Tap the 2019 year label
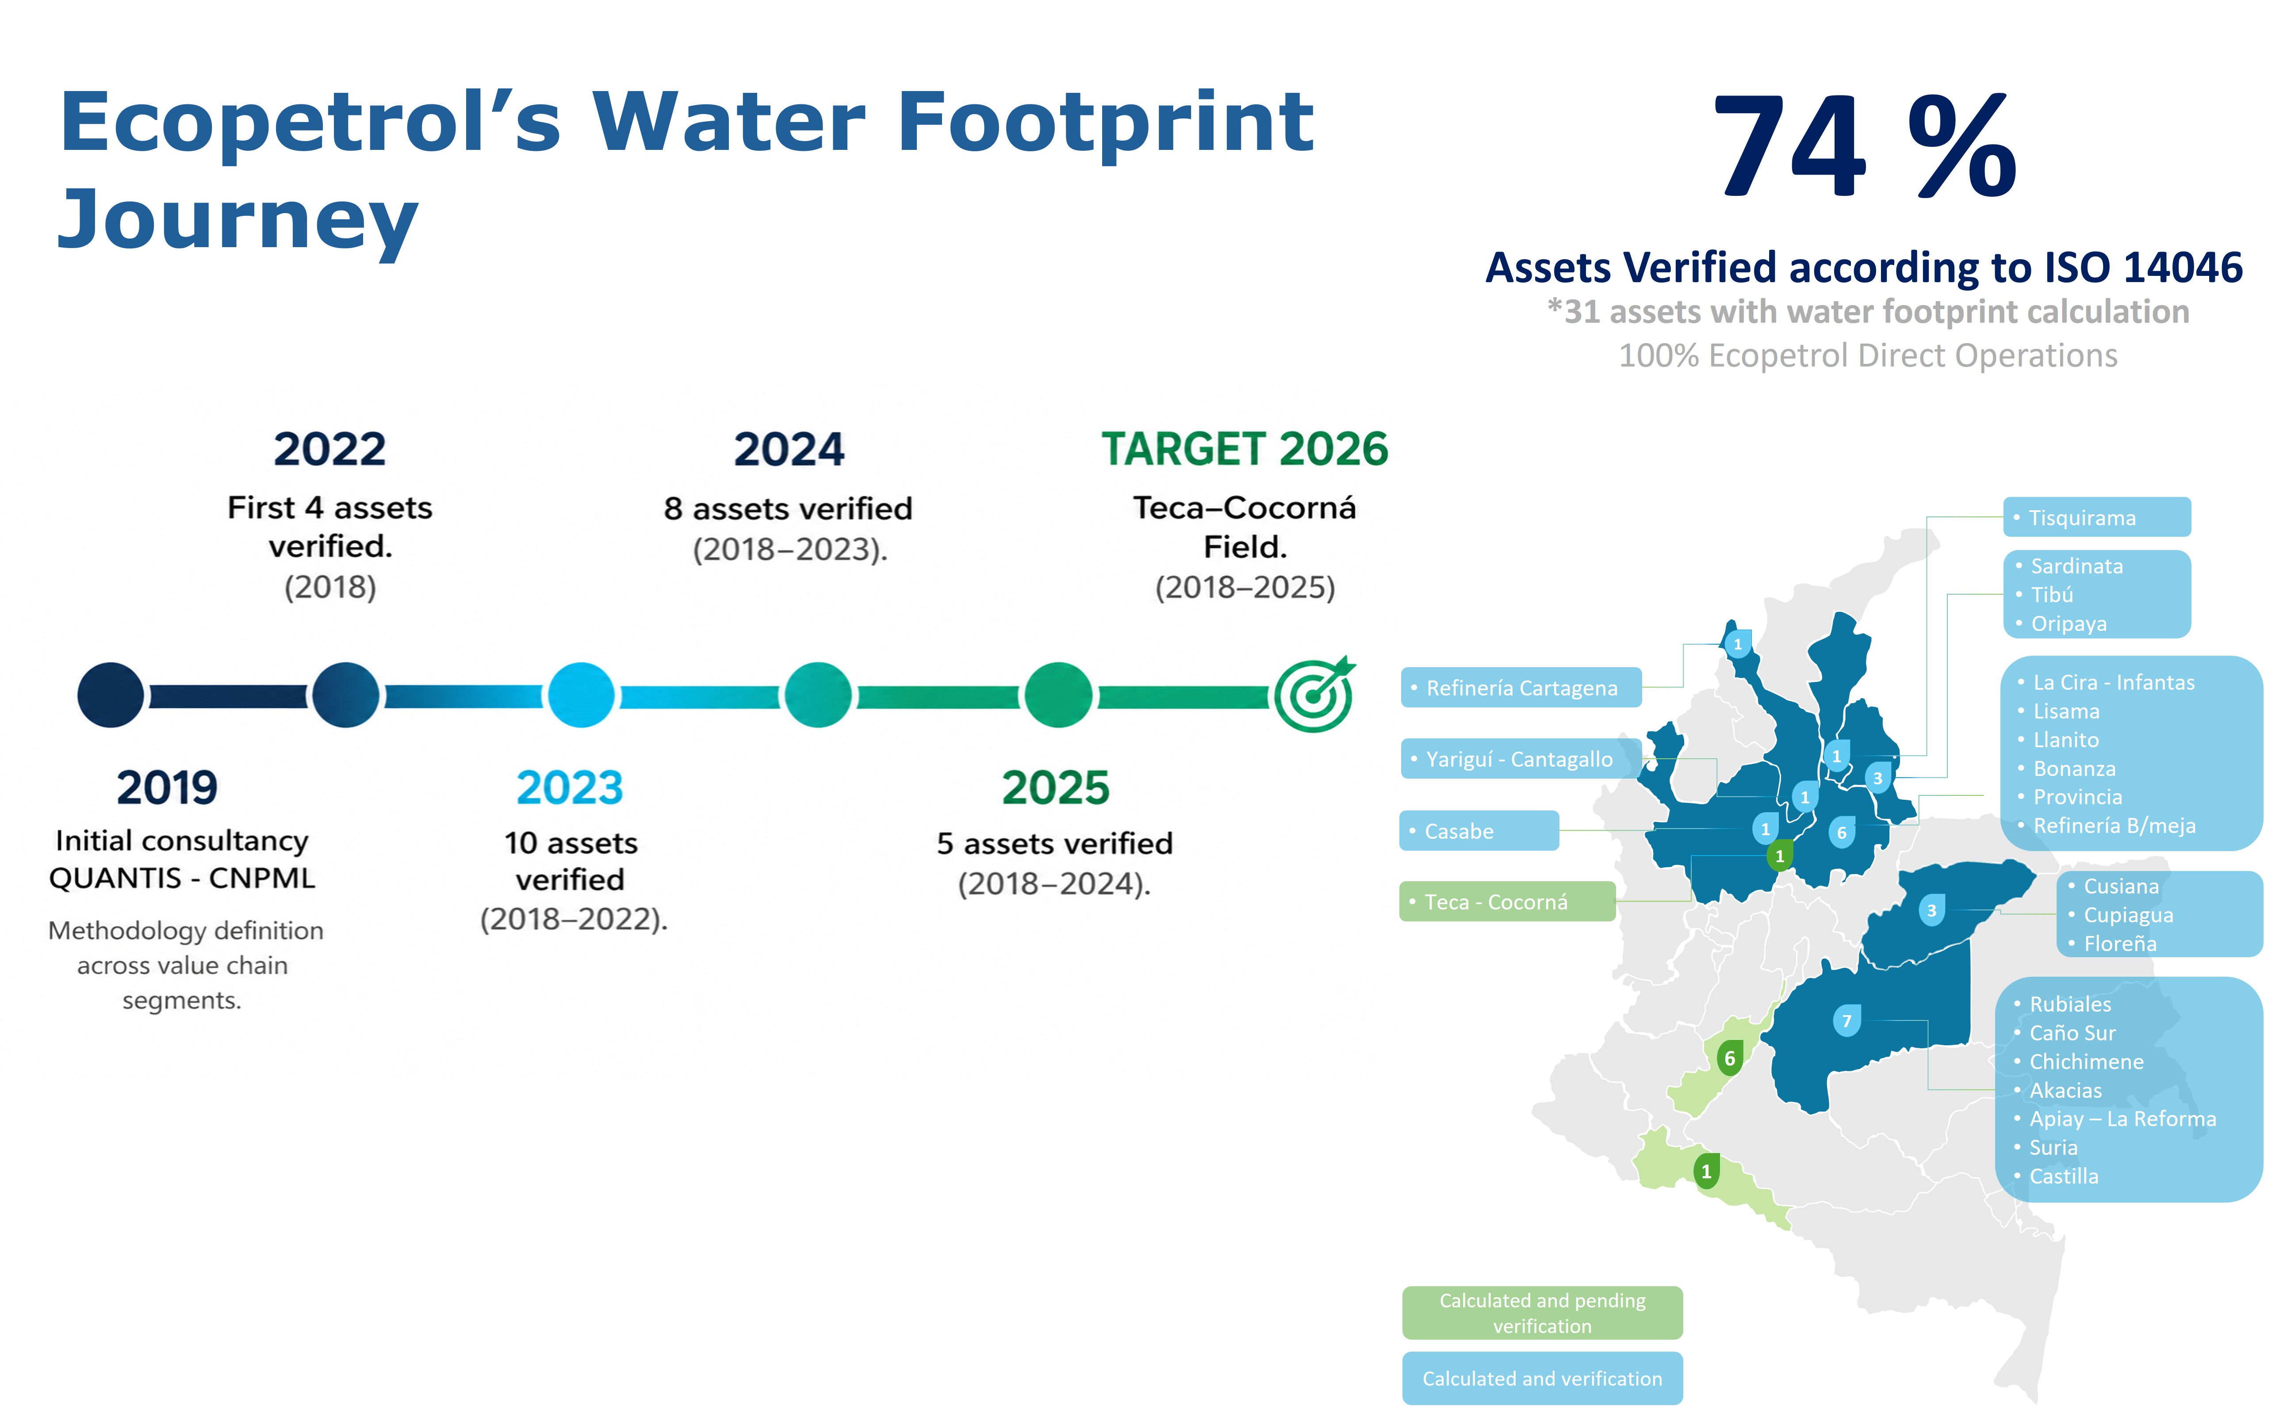[x=168, y=787]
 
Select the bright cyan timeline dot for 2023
[x=581, y=695]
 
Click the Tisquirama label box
[x=2096, y=517]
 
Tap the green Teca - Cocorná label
[x=1507, y=901]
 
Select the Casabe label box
[x=1479, y=830]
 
